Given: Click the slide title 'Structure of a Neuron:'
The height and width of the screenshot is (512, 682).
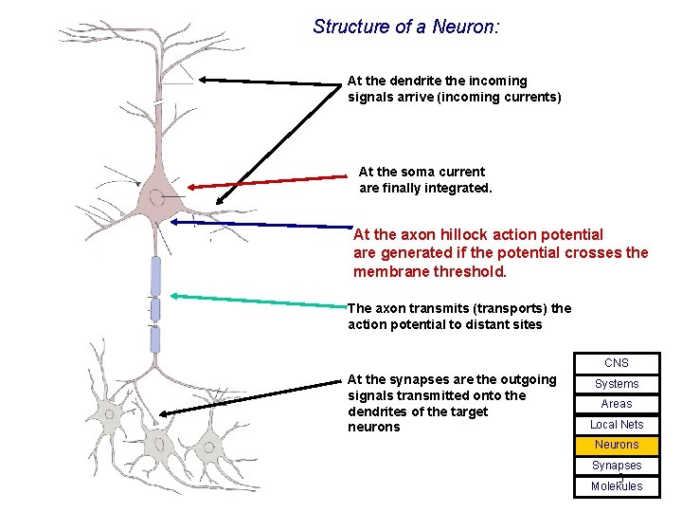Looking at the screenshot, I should pos(405,27).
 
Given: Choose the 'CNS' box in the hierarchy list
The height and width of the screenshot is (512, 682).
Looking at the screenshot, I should pos(617,363).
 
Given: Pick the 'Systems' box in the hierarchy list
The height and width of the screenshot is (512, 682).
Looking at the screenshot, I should pos(617,384).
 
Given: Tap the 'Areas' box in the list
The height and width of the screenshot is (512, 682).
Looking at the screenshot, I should pos(617,404).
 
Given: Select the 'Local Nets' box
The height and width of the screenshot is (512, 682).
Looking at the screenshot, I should pos(617,425).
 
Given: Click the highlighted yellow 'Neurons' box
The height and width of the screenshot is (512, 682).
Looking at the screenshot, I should pos(617,445).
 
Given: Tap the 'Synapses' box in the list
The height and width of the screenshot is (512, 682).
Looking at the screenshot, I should pos(617,466).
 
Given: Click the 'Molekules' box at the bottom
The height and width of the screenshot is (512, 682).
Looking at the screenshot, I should pos(617,486).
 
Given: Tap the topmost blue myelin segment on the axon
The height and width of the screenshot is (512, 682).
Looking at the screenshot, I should pos(155,276).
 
